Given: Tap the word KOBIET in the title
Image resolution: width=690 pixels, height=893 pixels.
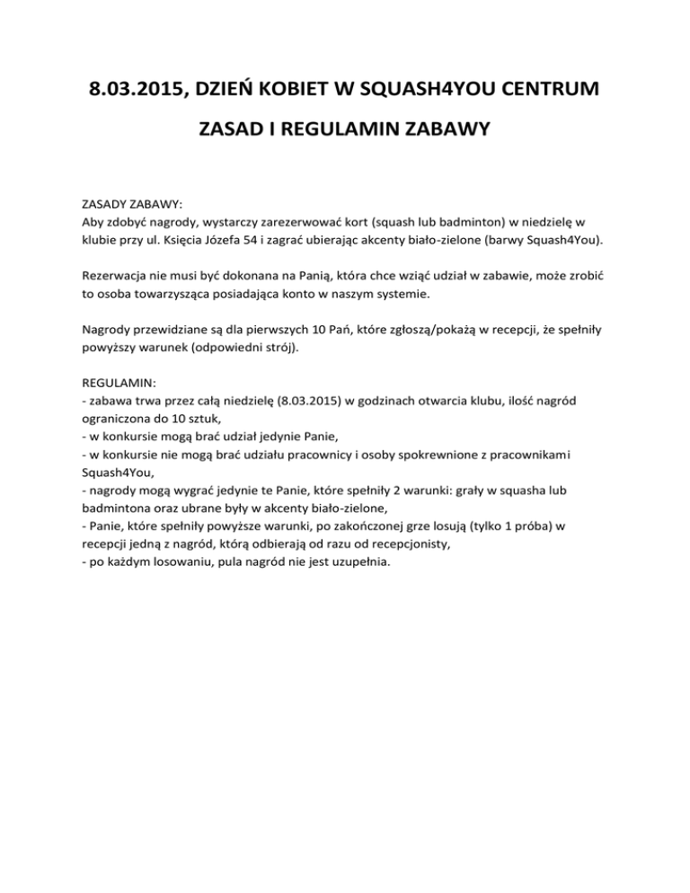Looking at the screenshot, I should point(310,92).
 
